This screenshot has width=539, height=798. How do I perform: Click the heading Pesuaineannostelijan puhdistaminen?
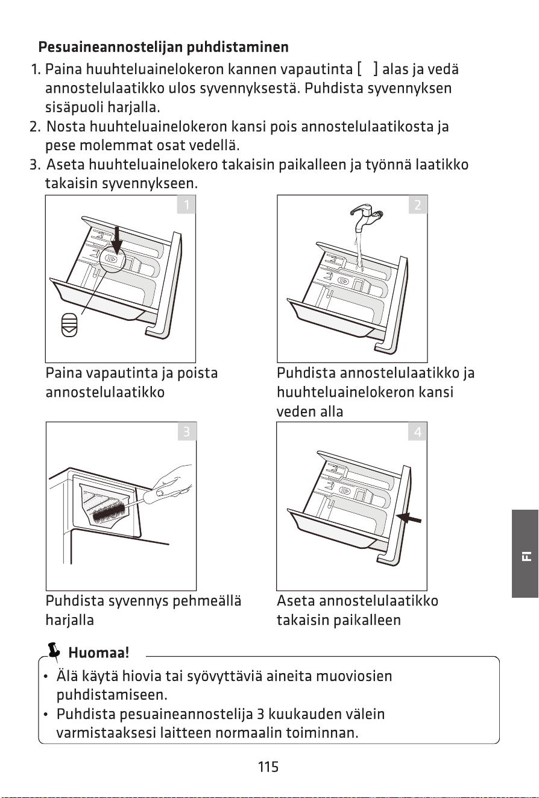[163, 47]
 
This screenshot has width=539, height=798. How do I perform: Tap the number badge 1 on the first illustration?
[186, 205]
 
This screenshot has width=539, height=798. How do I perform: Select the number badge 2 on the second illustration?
[418, 205]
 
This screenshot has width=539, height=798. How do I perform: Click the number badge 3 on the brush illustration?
[186, 432]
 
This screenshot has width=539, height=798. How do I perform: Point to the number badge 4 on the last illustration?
[418, 432]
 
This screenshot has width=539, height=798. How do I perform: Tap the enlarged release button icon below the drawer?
[69, 325]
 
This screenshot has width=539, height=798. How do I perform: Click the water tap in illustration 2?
[365, 218]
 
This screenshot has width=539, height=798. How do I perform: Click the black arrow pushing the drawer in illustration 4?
[409, 518]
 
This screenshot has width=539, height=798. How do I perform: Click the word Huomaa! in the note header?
[98, 653]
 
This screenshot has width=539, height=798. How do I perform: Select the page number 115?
[268, 767]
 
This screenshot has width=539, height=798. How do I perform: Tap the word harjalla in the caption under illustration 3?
[70, 620]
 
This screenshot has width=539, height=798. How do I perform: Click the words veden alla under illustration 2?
[310, 412]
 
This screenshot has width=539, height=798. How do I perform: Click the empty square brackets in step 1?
[367, 69]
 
